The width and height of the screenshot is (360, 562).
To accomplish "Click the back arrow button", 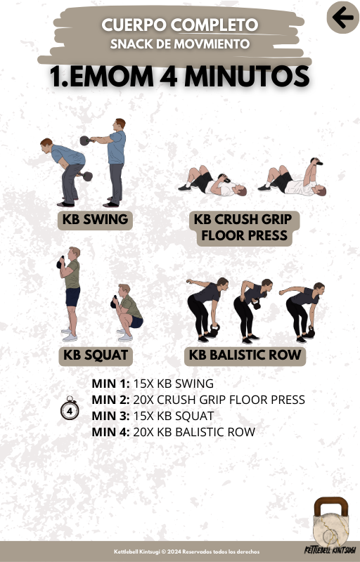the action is [x=343, y=17].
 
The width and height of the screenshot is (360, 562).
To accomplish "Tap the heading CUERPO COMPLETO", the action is [x=179, y=25].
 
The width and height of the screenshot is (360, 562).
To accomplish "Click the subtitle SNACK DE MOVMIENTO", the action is [x=179, y=44].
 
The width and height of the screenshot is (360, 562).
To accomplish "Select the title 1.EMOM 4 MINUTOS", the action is [x=179, y=76].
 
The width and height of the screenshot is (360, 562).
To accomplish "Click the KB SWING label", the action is [x=95, y=219].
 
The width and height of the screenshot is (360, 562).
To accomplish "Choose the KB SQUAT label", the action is [x=96, y=355].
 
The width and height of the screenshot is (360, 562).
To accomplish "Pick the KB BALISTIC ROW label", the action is [x=245, y=355].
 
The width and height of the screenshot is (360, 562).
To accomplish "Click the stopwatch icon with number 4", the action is [x=70, y=409].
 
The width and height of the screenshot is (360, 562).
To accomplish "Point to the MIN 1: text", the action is [x=111, y=384].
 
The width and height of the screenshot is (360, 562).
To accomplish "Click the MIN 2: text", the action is [x=111, y=400].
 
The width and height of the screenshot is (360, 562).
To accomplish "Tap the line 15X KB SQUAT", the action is [x=174, y=416].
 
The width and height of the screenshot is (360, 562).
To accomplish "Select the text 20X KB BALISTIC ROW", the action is [x=194, y=432].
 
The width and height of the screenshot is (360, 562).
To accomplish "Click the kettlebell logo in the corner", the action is [x=330, y=525].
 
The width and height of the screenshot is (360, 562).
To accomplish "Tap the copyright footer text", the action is [x=186, y=551].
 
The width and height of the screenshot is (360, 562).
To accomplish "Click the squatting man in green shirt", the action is [x=127, y=313].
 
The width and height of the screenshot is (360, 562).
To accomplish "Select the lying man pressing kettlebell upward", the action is [x=292, y=178].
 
